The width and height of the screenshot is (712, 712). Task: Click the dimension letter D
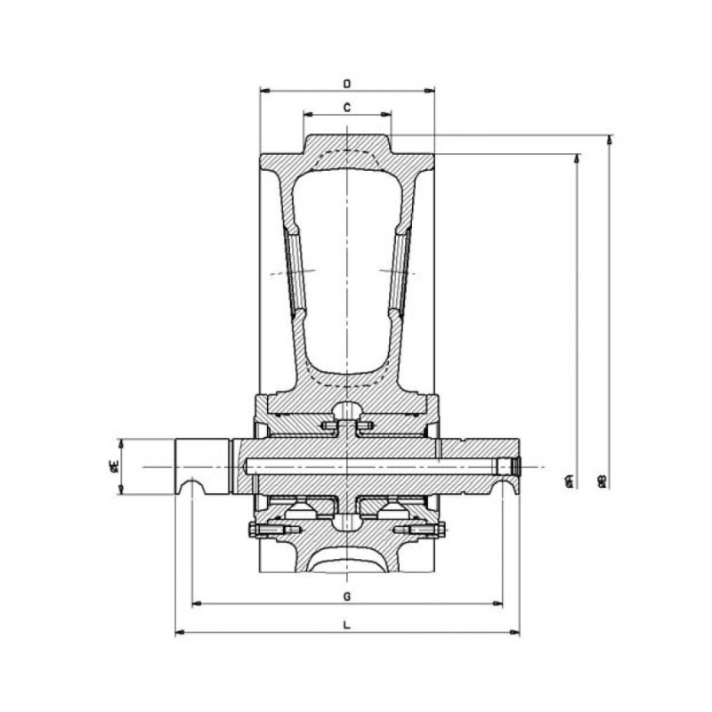(347, 84)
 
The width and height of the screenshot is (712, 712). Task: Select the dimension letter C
(347, 108)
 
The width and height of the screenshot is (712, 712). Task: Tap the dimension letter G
(347, 596)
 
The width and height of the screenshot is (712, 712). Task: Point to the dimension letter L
(347, 625)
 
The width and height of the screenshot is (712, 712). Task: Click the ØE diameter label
(115, 465)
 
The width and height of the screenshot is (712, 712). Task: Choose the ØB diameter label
(602, 481)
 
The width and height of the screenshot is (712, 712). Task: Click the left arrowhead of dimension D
(264, 91)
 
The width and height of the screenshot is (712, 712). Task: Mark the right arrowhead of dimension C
(386, 114)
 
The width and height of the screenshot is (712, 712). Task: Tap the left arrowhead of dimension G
(197, 603)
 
